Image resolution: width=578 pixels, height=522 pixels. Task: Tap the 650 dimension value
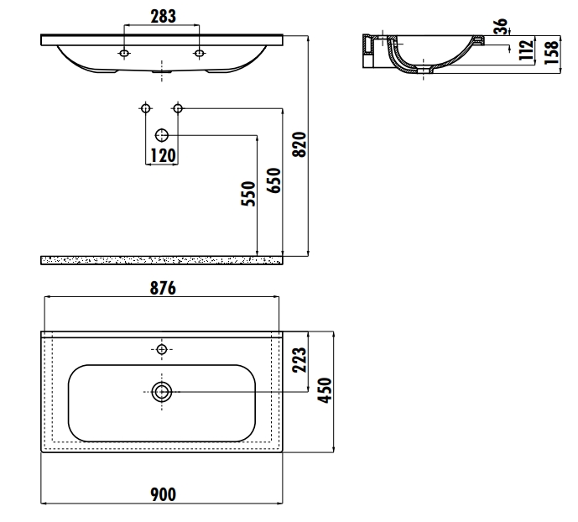[273, 180]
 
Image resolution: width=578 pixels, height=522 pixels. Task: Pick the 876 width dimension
[161, 288]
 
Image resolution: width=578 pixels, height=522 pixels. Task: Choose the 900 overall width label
[162, 494]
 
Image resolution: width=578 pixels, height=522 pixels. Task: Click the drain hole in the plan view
[162, 390]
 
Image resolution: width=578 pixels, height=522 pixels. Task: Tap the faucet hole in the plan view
[162, 347]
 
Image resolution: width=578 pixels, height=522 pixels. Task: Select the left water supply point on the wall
[145, 108]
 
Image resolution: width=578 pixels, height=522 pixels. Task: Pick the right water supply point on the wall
[178, 108]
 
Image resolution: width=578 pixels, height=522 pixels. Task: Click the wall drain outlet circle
[162, 135]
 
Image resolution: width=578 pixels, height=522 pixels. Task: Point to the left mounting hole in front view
[124, 55]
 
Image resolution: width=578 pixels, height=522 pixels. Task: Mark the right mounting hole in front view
[200, 55]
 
